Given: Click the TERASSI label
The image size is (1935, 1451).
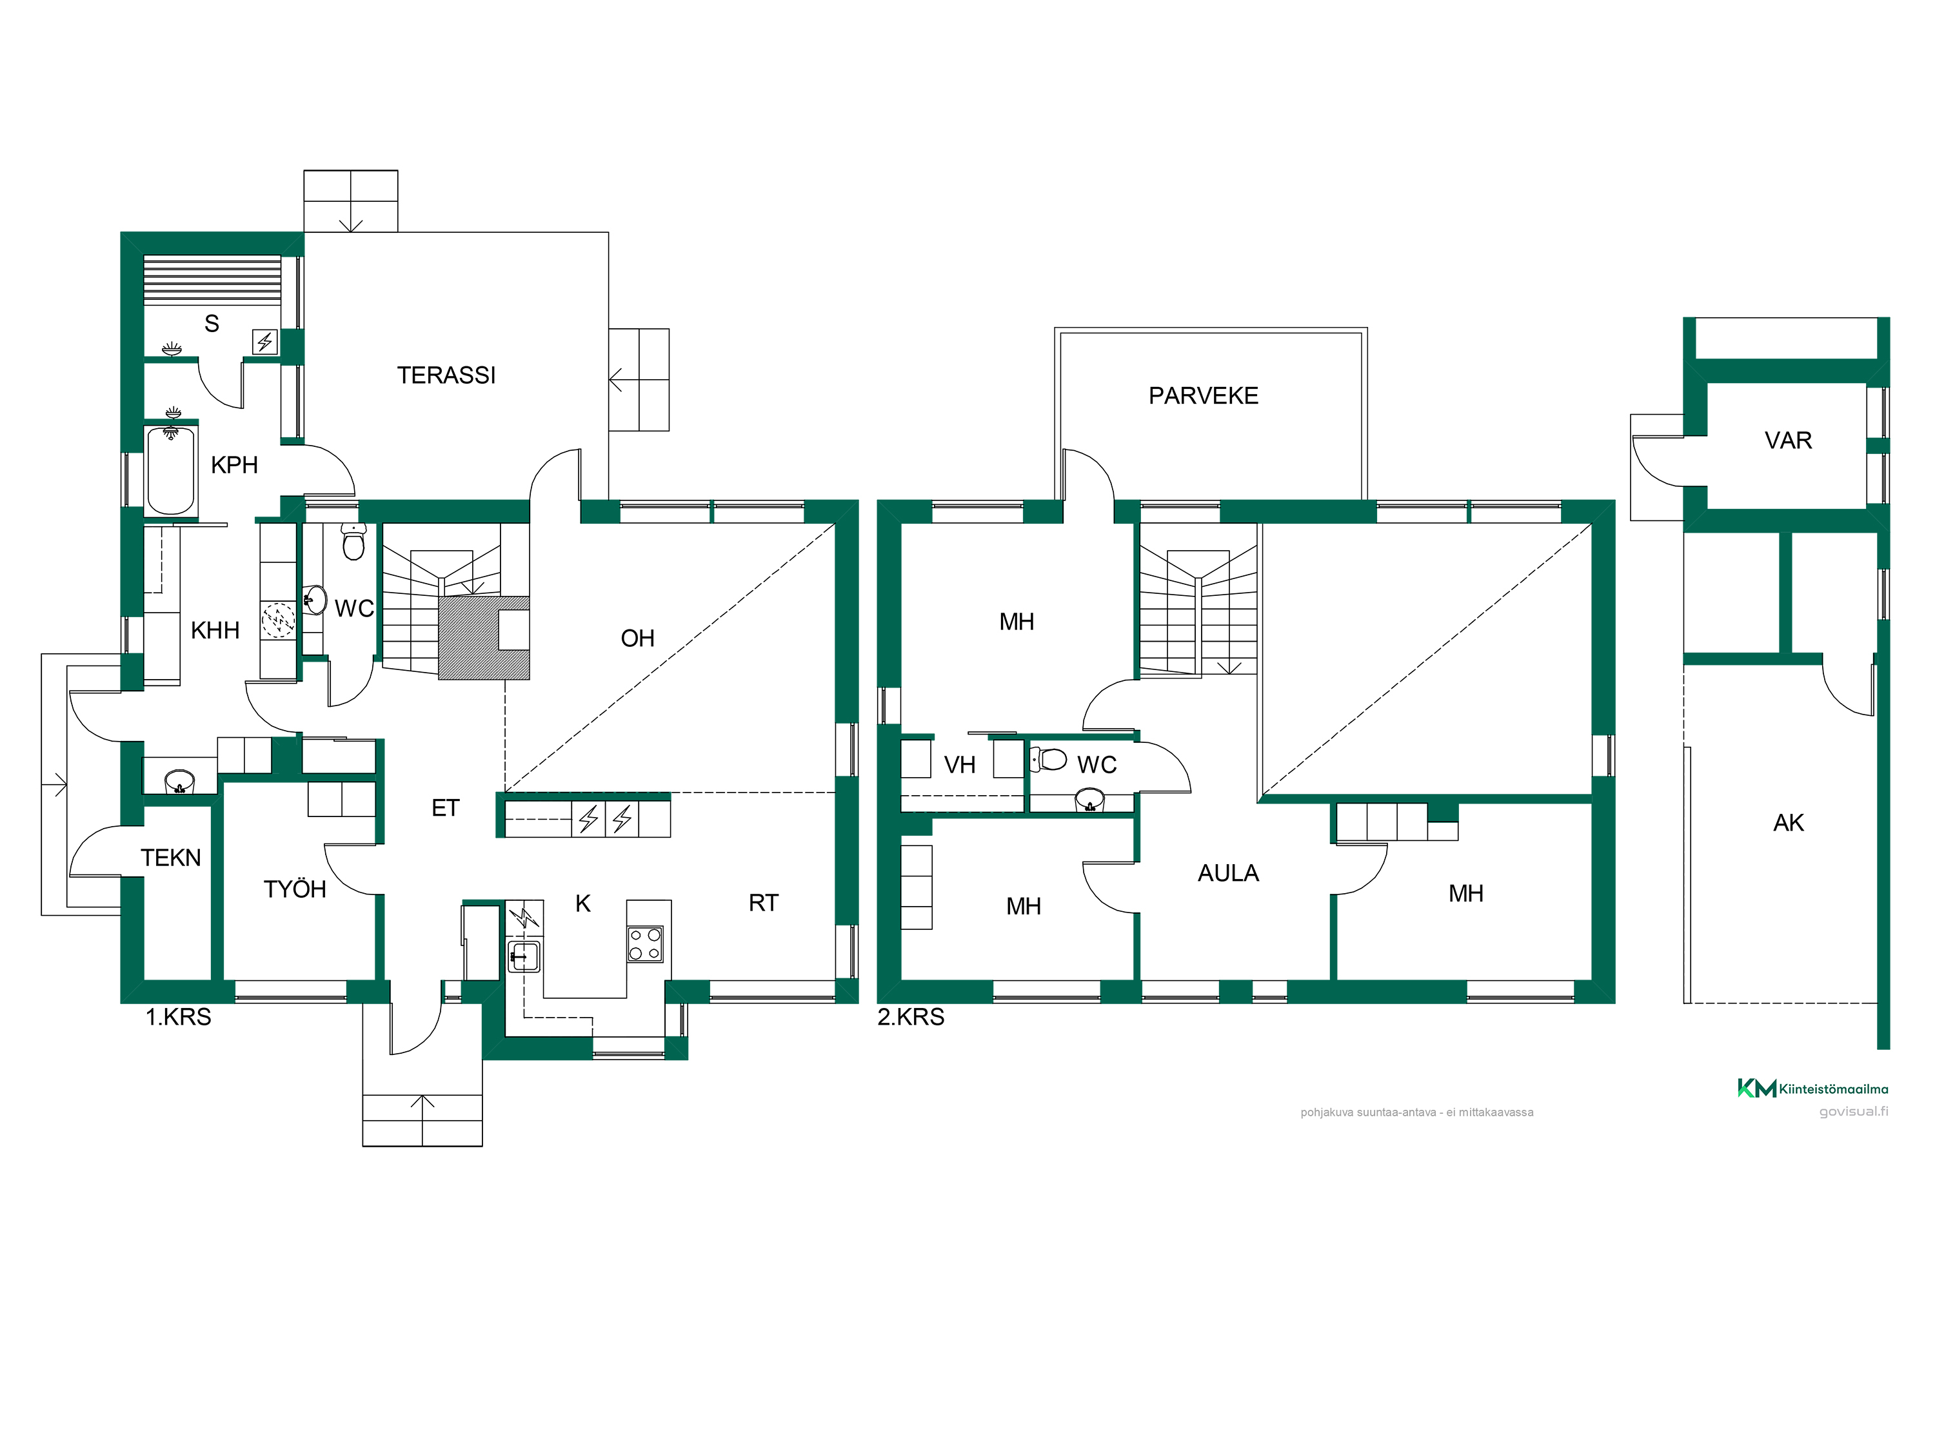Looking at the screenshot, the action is pyautogui.click(x=446, y=375).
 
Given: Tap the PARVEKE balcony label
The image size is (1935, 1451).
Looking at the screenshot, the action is pyautogui.click(x=1203, y=396).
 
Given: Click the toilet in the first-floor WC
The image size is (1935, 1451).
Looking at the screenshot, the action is pyautogui.click(x=353, y=542).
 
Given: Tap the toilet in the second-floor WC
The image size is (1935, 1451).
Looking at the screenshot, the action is pyautogui.click(x=1049, y=759).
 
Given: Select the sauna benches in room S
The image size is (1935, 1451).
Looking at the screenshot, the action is pyautogui.click(x=213, y=280).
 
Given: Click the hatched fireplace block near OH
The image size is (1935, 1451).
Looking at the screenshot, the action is pyautogui.click(x=484, y=638).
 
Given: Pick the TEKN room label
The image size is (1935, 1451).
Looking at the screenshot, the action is pyautogui.click(x=172, y=858).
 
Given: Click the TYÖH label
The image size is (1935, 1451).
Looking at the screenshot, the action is pyautogui.click(x=295, y=889).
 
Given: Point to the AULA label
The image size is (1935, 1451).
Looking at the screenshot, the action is pyautogui.click(x=1228, y=874).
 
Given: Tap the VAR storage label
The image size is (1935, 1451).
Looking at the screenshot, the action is pyautogui.click(x=1788, y=441).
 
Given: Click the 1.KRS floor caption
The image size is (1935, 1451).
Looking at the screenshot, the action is pyautogui.click(x=179, y=1017).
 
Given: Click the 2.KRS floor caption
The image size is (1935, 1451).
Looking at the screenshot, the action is pyautogui.click(x=911, y=1017).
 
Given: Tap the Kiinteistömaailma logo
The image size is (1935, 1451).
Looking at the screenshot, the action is pyautogui.click(x=1812, y=1089).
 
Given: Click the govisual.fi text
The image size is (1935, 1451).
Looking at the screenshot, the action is pyautogui.click(x=1854, y=1112).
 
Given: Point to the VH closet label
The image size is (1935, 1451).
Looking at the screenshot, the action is pyautogui.click(x=960, y=765).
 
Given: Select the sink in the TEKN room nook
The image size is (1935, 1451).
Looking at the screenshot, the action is pyautogui.click(x=179, y=781).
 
